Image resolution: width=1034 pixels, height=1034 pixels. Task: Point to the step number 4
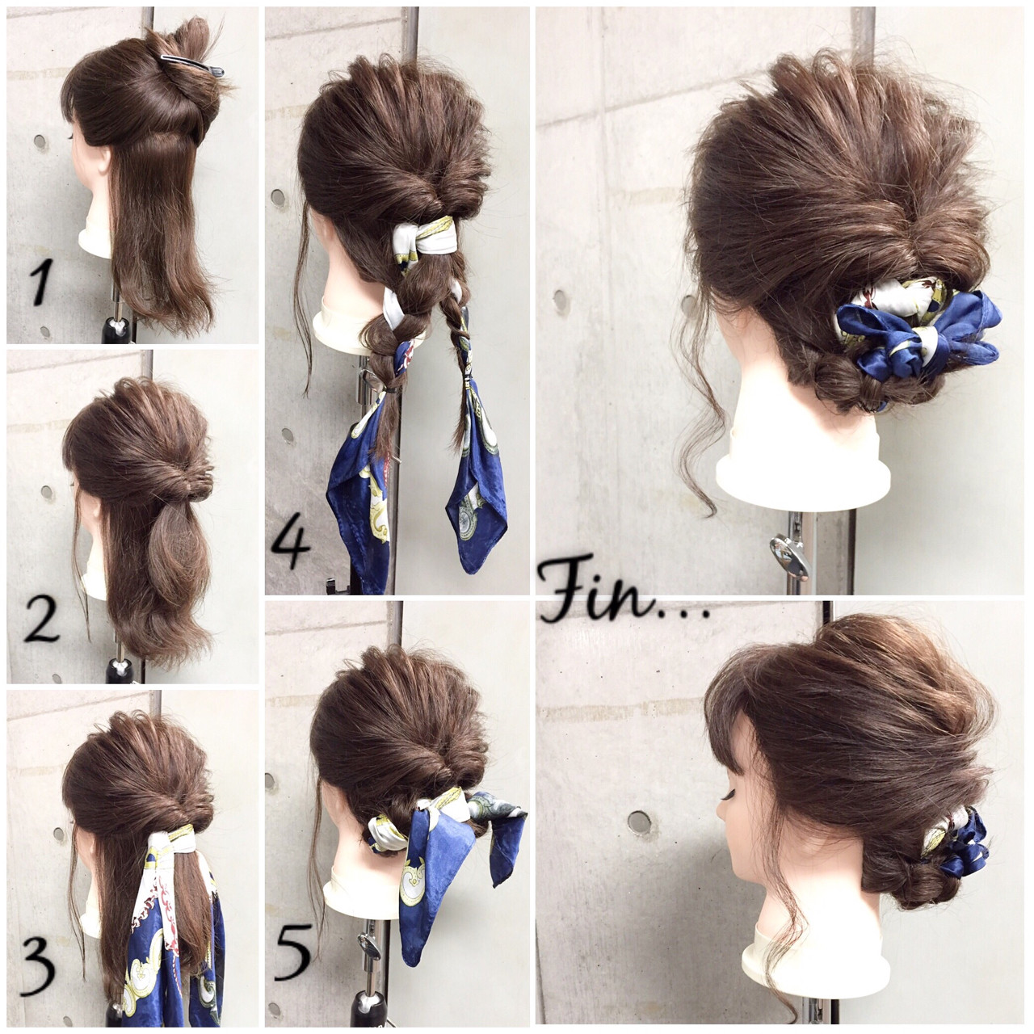click(x=290, y=542)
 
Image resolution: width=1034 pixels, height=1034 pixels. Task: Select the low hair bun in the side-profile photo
click(x=912, y=880)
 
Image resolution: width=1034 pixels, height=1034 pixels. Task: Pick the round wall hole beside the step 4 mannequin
click(x=278, y=197)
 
